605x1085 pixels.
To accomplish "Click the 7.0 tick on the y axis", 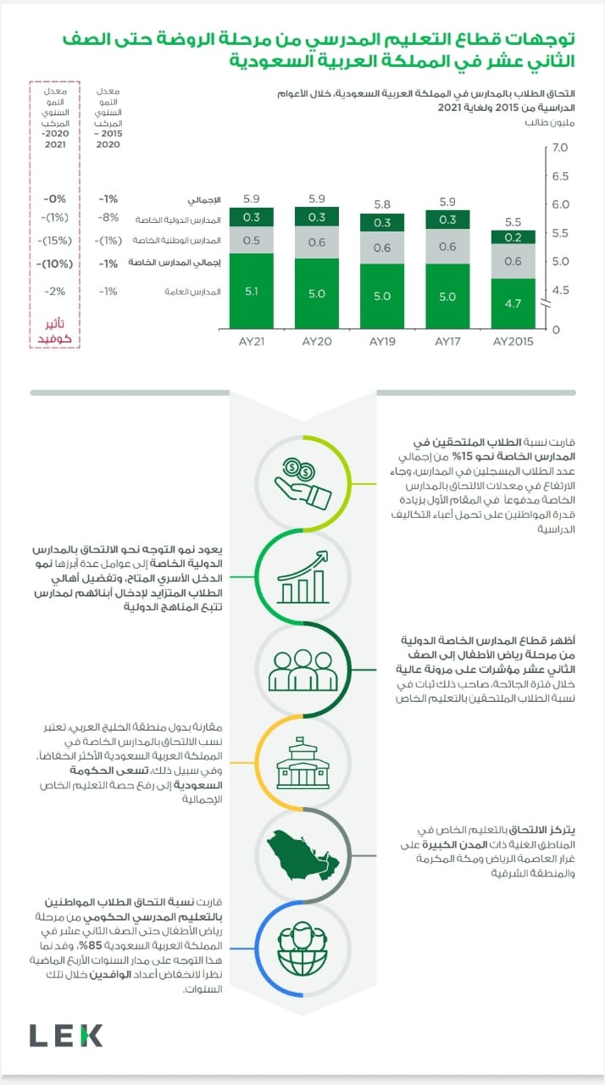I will pyautogui.click(x=560, y=148).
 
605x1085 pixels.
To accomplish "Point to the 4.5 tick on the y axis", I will pyautogui.click(x=560, y=291).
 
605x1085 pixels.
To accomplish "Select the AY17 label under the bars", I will pyautogui.click(x=447, y=342).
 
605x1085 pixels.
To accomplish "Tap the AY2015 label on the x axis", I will pyautogui.click(x=513, y=342).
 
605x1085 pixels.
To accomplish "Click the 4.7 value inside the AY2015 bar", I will pyautogui.click(x=513, y=302).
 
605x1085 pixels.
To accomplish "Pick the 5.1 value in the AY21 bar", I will pyautogui.click(x=252, y=292).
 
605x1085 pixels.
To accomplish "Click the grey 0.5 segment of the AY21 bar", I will pyautogui.click(x=252, y=240).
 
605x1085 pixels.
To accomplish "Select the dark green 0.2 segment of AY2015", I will pyautogui.click(x=513, y=237).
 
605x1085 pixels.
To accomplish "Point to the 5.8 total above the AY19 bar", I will pyautogui.click(x=381, y=204).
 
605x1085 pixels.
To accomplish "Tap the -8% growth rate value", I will pyautogui.click(x=108, y=219).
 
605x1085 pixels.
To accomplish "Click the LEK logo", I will pyautogui.click(x=66, y=1035).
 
